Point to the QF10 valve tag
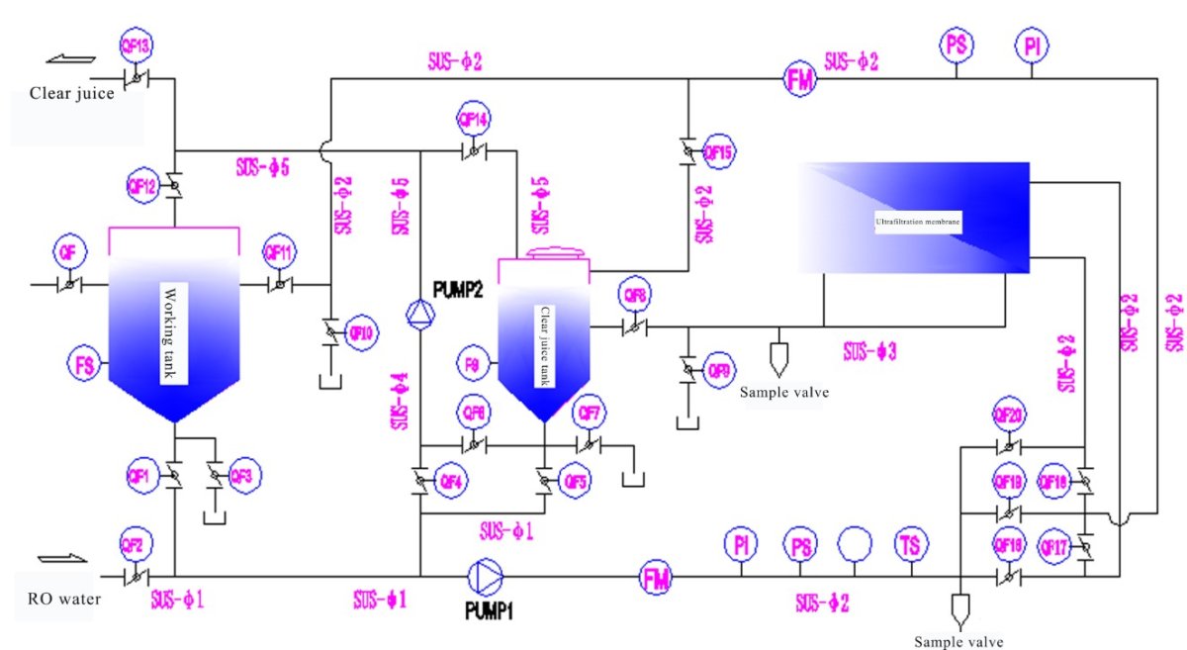click(363, 333)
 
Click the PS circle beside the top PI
click(956, 45)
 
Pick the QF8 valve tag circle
click(632, 294)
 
